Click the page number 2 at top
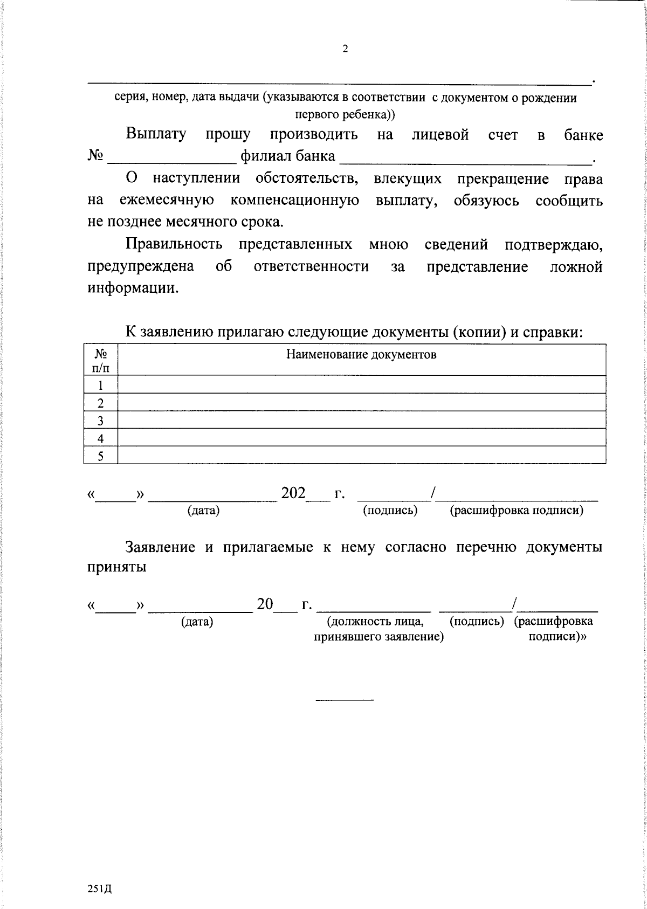tap(345, 49)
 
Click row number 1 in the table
tap(100, 385)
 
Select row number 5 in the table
tap(100, 456)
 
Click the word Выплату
tap(156, 134)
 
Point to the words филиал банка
tap(287, 157)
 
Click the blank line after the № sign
tap(171, 160)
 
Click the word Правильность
tap(174, 245)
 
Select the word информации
tap(132, 288)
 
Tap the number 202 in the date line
tap(293, 493)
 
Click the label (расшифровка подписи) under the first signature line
tap(516, 511)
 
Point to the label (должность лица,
tap(375, 621)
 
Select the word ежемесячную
tap(167, 201)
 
